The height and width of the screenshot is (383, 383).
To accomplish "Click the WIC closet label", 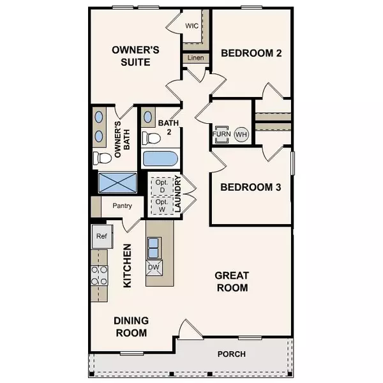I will pos(192,26).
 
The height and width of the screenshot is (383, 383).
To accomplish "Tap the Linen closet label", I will pos(195,59).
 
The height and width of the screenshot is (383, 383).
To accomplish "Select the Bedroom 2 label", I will pos(252,54).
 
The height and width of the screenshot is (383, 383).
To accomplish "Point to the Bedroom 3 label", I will pos(251,188).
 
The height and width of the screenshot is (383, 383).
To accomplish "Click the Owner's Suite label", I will pos(131,56).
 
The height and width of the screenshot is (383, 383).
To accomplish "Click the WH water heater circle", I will pos(241,135).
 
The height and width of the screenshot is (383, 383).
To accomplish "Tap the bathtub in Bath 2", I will pos(160,159).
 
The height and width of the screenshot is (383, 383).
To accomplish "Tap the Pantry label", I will pos(122,206).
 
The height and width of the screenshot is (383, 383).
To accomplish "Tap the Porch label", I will pos(231,354).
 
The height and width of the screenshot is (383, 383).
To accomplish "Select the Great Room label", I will pos(231,282).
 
